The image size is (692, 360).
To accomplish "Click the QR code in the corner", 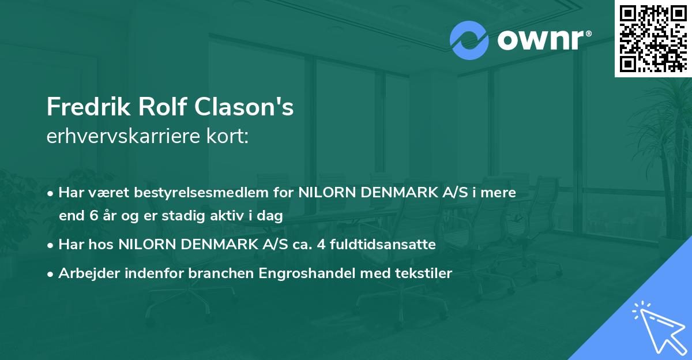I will coord(653,38).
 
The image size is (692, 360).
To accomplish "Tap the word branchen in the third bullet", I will coord(218,273).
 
